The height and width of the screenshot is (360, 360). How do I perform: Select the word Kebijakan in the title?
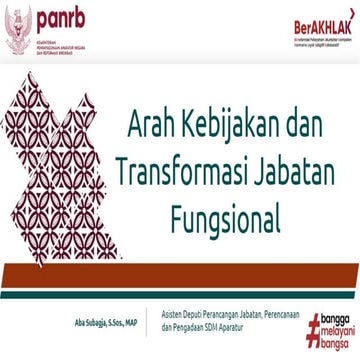(x=237, y=127)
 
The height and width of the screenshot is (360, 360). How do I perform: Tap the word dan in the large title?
(x=316, y=127)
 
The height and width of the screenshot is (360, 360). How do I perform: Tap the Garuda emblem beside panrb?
(x=20, y=24)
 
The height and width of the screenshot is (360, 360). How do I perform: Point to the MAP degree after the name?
(x=145, y=295)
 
